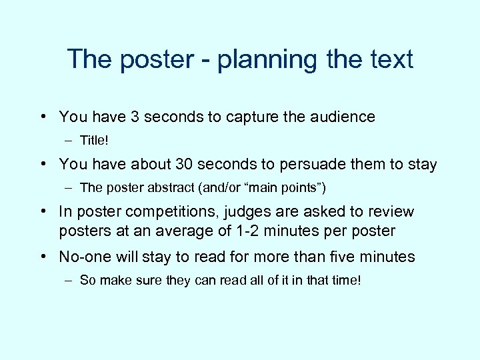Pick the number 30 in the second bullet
(183, 164)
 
